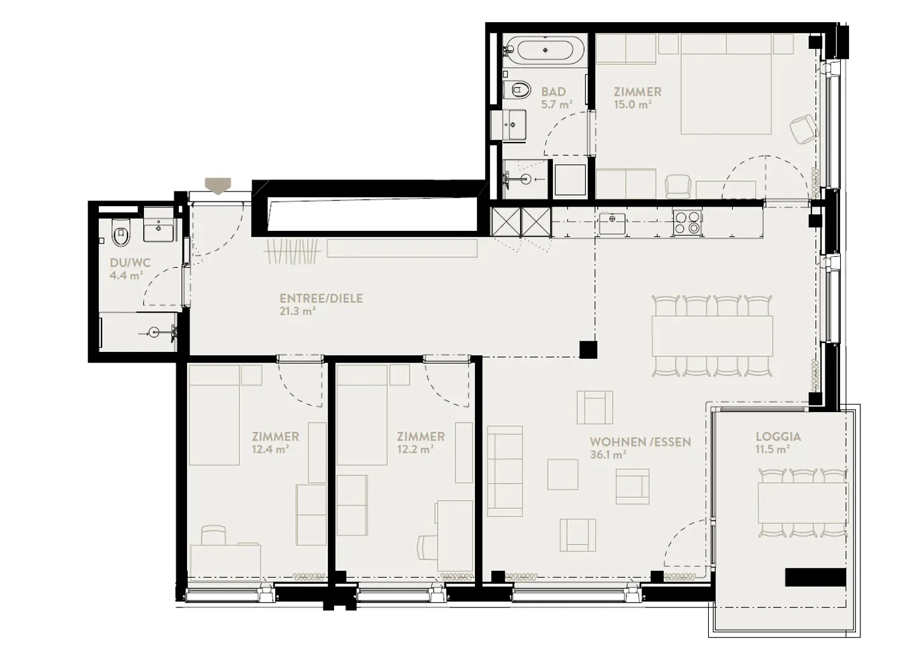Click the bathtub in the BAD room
545,50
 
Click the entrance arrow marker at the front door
218,185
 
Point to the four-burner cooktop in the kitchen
687,223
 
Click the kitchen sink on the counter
612,223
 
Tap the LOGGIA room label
778,436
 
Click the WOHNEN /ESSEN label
640,441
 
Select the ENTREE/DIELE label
321,298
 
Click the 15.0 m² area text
632,105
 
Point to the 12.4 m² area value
271,449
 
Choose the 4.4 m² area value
126,276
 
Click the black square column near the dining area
588,349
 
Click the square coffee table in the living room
562,475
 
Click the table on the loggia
802,502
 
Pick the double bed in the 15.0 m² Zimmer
726,94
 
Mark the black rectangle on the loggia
815,577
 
